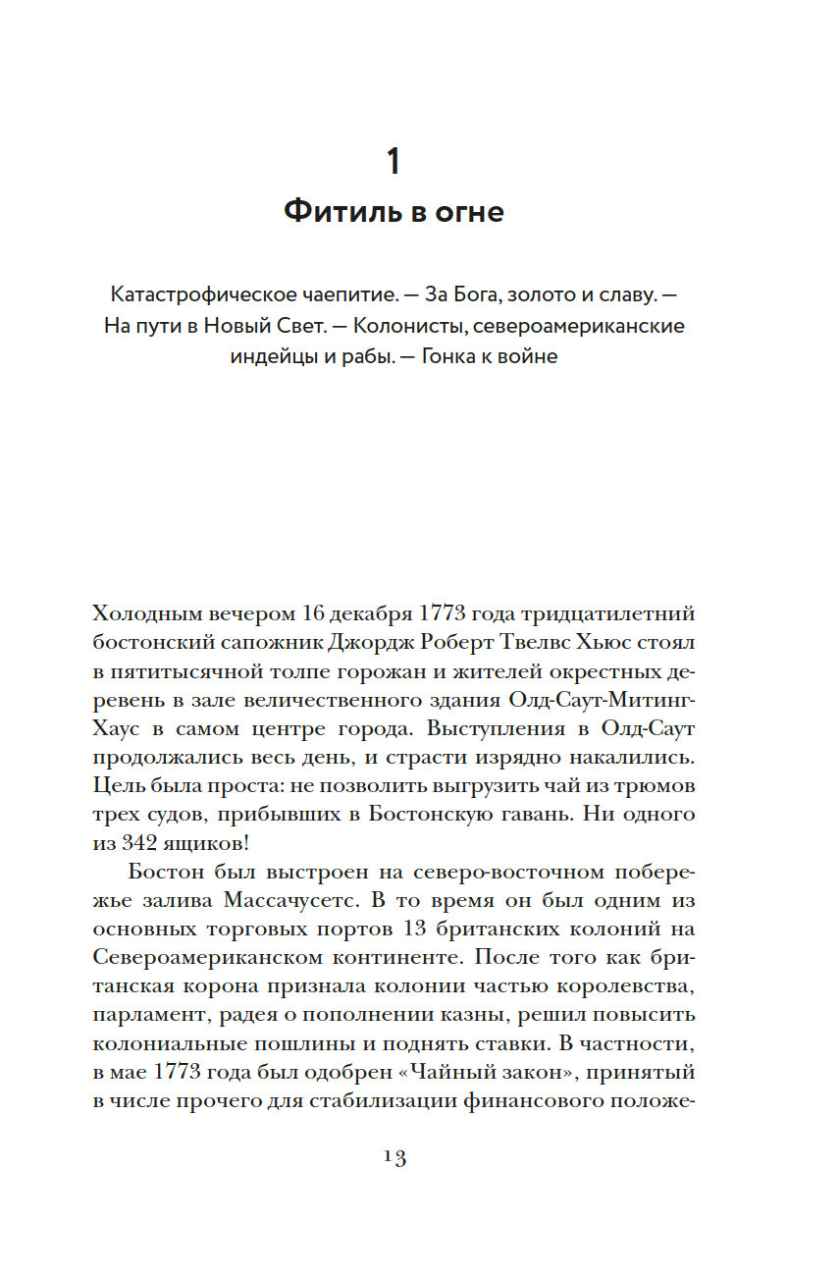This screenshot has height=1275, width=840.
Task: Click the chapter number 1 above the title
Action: coord(394,161)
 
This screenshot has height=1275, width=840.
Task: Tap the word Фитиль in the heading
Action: coord(333,211)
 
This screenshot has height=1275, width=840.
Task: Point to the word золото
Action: coord(524,294)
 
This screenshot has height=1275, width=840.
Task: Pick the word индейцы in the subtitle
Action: coord(273,356)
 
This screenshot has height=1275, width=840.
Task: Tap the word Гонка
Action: coord(454,356)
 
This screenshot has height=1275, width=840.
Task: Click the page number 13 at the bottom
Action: coord(394,1157)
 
